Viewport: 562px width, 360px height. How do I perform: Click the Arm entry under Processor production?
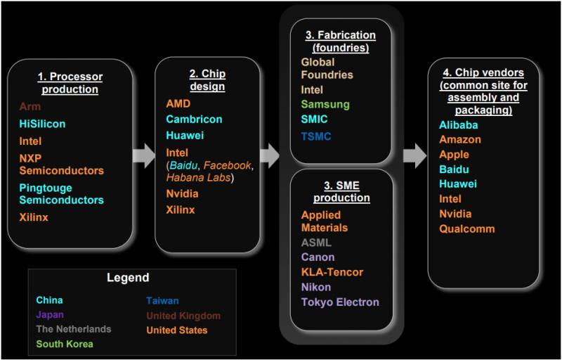coord(30,107)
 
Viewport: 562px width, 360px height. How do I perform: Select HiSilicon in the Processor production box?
coord(42,124)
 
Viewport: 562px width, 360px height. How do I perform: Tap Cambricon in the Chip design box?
coord(194,120)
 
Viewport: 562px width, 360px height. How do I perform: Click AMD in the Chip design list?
coord(178,104)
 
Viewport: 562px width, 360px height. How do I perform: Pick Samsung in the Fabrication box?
coord(325,104)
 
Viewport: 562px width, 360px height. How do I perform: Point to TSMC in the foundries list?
coord(315,136)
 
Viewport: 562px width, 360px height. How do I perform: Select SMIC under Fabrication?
coord(314,120)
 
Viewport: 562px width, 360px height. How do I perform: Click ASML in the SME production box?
coord(316,243)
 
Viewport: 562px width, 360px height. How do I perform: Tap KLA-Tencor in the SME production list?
coord(332,272)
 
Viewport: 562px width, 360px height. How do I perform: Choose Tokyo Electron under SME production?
coord(340,302)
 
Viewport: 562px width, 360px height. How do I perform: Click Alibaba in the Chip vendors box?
coord(459,125)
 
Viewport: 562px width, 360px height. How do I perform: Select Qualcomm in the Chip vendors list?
coord(466,229)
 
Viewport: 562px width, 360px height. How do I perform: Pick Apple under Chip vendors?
coord(454,155)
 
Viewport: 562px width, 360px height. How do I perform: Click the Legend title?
coord(128,278)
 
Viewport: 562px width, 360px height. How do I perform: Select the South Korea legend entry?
coord(65,344)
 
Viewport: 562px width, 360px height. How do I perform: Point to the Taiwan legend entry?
coord(162,300)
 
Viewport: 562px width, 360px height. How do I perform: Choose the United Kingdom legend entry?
coord(183,316)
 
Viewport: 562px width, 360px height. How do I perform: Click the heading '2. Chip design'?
coord(207,79)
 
